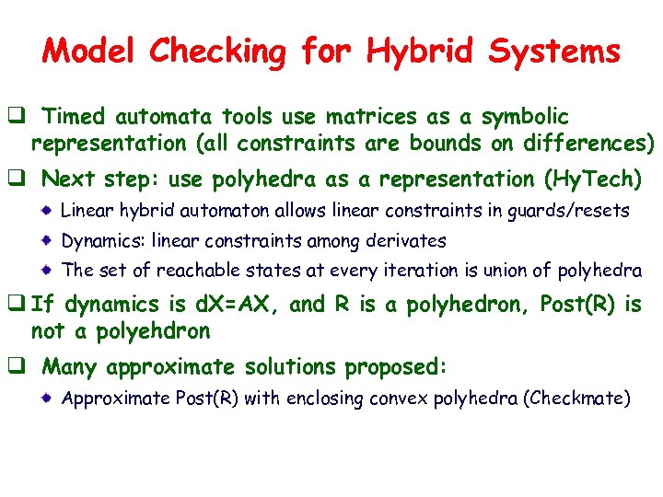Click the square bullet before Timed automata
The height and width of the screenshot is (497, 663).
coord(17,117)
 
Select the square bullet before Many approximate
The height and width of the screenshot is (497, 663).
coord(17,367)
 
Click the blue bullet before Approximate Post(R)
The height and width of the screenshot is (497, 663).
coord(45,399)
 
